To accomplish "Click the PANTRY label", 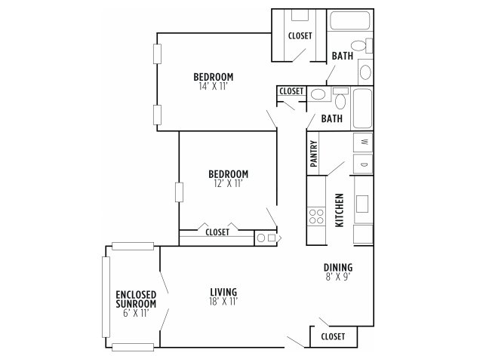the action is [314, 154].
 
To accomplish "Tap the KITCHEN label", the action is [339, 210].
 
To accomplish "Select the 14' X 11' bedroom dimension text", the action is [213, 86].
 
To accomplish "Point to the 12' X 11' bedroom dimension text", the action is [228, 183].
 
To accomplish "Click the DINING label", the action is [338, 267].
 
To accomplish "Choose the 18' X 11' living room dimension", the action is [223, 302].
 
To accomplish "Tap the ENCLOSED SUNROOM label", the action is [136, 299].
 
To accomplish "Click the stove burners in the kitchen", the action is [316, 216].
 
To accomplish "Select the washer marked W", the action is [363, 143].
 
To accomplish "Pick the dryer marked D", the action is [363, 164].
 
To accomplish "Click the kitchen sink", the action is [362, 204].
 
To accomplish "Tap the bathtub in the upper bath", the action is [349, 20].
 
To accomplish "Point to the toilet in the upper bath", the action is [361, 45].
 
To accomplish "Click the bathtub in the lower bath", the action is [362, 108].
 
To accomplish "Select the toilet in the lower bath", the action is [340, 99].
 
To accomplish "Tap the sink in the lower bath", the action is [318, 94].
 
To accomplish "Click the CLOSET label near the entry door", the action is [333, 336].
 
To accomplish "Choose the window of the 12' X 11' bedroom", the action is [179, 192].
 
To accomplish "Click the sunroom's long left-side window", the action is [106, 297].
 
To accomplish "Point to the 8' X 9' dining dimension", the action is [338, 277].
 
